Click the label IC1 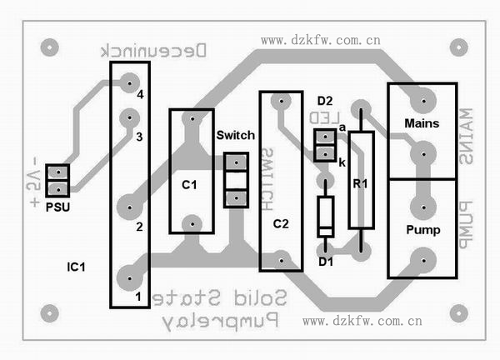click(x=77, y=267)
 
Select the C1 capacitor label click(x=189, y=184)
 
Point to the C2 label click(x=281, y=223)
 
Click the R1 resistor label click(x=361, y=182)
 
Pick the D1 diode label click(x=327, y=262)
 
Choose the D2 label click(x=325, y=101)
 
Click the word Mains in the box click(x=422, y=123)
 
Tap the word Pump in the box click(x=422, y=228)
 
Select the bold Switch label click(x=235, y=135)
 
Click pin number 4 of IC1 click(x=140, y=95)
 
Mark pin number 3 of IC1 click(x=140, y=135)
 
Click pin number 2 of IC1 click(x=140, y=226)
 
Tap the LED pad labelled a click(x=322, y=137)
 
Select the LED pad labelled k click(x=322, y=154)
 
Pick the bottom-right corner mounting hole click(x=457, y=312)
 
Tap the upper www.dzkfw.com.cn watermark click(x=320, y=39)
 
